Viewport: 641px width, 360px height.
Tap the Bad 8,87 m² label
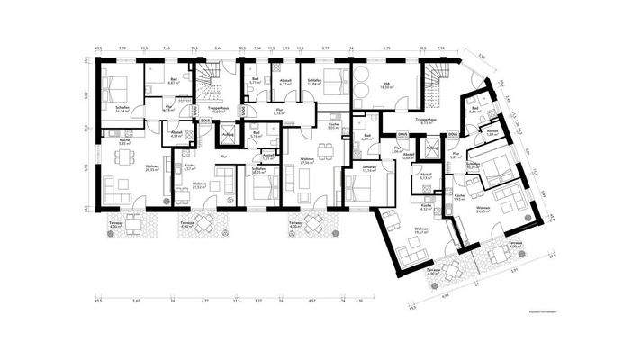coord(174,80)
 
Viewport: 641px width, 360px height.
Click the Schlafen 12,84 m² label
coord(314,81)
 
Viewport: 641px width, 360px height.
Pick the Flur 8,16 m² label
coord(279,113)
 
